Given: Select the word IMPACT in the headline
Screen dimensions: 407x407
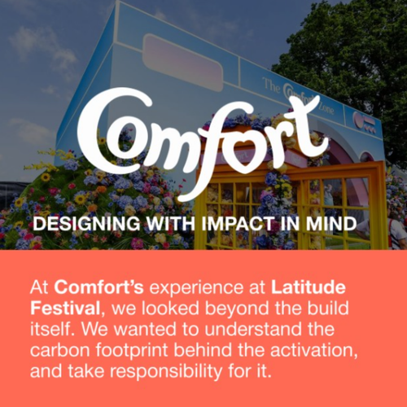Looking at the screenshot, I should [225, 222].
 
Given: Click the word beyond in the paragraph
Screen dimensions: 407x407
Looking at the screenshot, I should [261, 309].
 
